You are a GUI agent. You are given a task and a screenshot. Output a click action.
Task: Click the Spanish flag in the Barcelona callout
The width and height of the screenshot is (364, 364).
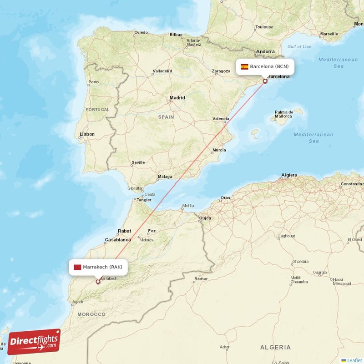[244, 66]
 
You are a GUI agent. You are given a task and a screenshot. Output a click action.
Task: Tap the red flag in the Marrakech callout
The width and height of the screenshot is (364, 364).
[77, 267]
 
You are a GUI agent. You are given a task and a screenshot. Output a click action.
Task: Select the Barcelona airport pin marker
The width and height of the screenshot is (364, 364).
[265, 81]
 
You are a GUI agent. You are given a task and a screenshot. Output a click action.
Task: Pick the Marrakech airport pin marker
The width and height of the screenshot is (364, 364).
[98, 282]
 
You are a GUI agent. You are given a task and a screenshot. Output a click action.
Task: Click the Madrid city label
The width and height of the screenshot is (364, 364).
[177, 98]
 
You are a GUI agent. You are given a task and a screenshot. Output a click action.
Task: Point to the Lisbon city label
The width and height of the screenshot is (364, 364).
[87, 134]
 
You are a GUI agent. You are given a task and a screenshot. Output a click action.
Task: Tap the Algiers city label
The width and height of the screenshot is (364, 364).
[289, 175]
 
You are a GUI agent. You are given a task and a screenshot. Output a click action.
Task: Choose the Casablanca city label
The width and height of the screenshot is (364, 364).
[118, 240]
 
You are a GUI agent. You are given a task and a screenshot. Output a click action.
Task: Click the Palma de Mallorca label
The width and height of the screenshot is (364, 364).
[284, 114]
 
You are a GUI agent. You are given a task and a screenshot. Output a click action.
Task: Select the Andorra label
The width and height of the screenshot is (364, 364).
[265, 52]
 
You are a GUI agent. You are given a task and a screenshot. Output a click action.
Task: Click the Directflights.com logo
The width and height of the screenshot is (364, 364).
[34, 342]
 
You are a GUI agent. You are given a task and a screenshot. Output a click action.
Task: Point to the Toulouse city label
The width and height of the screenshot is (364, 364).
[264, 27]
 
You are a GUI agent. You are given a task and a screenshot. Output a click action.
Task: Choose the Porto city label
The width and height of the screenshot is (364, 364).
[94, 82]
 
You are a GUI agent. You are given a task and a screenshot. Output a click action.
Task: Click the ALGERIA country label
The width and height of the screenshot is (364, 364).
[275, 347]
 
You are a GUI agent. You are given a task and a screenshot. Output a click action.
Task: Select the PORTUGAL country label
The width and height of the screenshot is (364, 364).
[98, 110]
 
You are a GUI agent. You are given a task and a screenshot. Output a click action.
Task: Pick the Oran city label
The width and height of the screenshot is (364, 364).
[225, 198]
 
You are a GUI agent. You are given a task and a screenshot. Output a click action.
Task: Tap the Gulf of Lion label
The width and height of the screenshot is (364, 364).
[299, 46]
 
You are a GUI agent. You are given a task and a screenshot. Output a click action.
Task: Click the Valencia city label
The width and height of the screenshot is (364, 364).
[221, 119]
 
